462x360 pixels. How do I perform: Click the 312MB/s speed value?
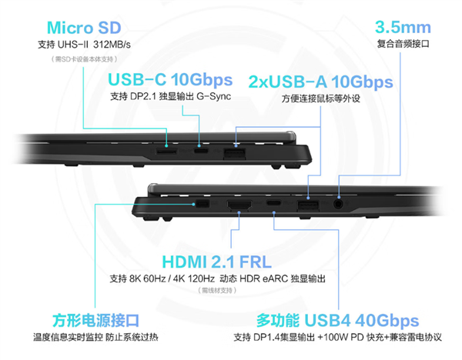point(111,44)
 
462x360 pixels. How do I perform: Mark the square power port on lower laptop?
point(203,205)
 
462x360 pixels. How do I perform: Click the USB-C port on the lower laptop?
point(274,206)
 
